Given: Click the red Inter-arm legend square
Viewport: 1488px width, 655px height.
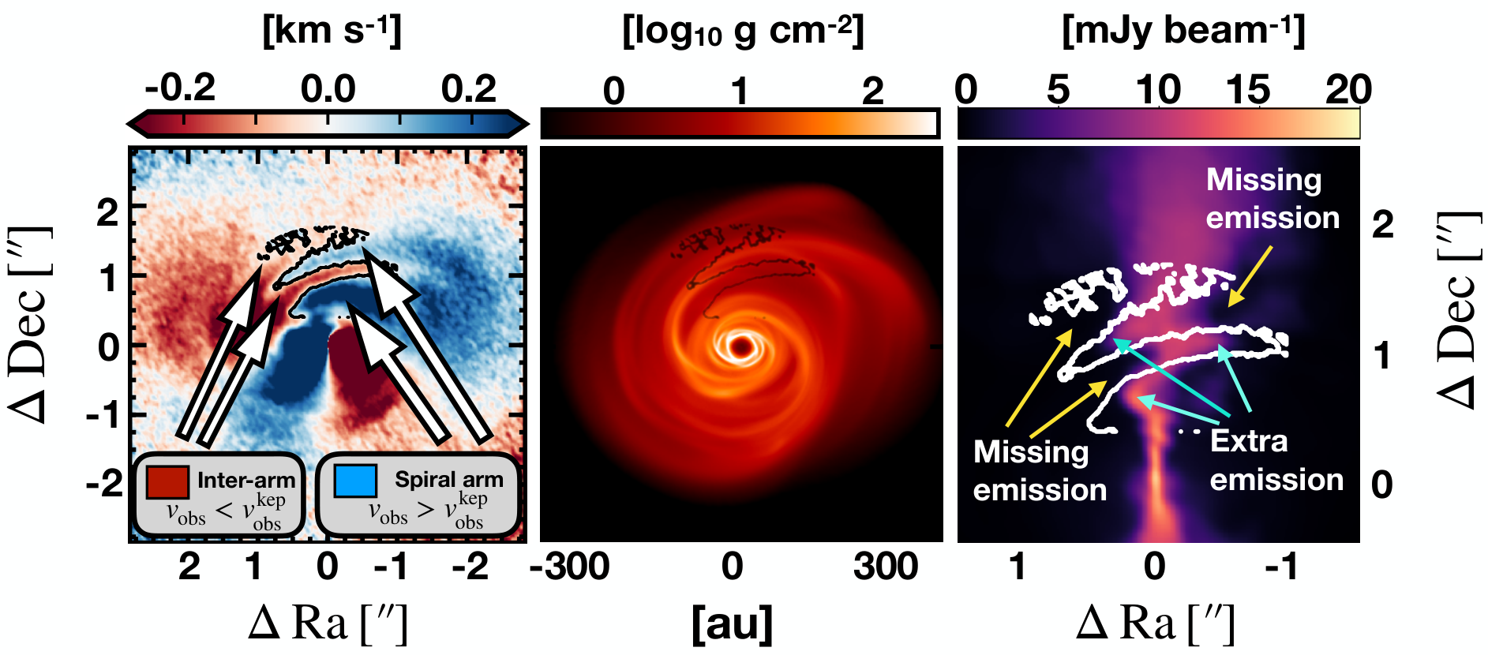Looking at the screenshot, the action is (x=167, y=481).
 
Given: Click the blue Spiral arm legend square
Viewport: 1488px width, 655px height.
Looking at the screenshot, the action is (x=355, y=480).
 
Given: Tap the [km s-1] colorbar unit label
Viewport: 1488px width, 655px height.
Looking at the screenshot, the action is (x=332, y=32).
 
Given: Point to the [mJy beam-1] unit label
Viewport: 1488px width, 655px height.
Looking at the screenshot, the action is (x=1183, y=32).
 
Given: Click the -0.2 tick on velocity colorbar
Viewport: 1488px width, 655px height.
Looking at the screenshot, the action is (x=180, y=88).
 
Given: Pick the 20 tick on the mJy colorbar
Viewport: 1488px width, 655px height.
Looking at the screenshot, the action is (x=1348, y=89).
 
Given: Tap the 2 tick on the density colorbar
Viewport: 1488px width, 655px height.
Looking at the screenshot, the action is (x=872, y=92).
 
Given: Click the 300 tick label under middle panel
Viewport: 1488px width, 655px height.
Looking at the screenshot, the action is (x=886, y=567).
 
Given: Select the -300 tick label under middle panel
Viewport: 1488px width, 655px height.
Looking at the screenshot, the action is (x=569, y=567).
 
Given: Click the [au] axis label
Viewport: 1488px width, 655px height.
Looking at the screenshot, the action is (x=733, y=624).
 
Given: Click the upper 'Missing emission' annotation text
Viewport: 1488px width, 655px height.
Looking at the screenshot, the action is (x=1272, y=198).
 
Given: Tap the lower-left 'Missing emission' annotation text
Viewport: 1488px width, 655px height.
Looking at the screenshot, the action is (x=1040, y=470).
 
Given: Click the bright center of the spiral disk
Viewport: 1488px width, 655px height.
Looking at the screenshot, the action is (x=740, y=346).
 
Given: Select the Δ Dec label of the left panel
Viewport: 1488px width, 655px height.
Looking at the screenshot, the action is (x=30, y=324).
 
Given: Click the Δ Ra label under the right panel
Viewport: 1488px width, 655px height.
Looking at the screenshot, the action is (x=1155, y=623).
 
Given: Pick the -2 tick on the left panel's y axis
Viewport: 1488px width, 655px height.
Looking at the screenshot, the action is (x=105, y=482).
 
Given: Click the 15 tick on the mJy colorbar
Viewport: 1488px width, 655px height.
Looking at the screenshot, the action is (x=1248, y=89).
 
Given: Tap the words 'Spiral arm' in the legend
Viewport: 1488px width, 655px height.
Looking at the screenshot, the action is (x=448, y=479).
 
